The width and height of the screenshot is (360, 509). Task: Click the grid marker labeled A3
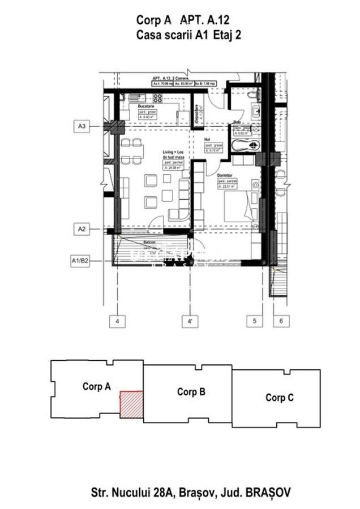click(82, 126)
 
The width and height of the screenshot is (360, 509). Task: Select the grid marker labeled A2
click(82, 229)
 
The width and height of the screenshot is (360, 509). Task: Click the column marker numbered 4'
click(190, 321)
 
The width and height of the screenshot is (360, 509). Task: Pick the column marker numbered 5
click(254, 321)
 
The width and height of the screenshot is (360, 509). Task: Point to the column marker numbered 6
click(281, 321)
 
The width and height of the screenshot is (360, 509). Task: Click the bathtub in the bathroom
click(244, 146)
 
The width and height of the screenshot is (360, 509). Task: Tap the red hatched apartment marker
click(130, 404)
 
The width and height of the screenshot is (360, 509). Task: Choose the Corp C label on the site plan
click(279, 398)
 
